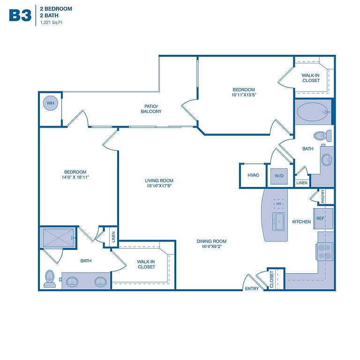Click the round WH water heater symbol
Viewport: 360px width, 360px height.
(51, 103)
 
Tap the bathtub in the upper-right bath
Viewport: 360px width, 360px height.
(314, 112)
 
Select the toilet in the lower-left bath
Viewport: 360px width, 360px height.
(50, 278)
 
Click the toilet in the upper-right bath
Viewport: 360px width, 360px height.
(322, 135)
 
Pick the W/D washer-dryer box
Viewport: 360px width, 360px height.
(279, 176)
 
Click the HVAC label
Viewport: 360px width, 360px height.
(253, 175)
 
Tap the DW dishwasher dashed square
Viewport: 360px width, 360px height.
(278, 203)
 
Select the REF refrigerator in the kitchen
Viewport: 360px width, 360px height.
(323, 218)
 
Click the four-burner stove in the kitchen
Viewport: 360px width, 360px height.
(324, 252)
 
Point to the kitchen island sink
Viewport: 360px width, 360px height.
(278, 221)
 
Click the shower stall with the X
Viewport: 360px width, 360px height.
(58, 238)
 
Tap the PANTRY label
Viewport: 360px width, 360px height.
(322, 196)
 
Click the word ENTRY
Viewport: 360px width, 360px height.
(252, 289)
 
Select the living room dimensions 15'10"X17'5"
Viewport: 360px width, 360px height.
(159, 186)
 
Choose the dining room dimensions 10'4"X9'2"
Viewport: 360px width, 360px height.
(211, 247)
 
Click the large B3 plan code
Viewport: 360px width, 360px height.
(20, 15)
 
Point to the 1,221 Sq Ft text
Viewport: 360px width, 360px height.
(51, 22)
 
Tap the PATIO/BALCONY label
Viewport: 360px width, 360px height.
(151, 109)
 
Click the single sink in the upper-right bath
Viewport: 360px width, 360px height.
(326, 159)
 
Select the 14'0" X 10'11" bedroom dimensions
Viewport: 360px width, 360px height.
(75, 177)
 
